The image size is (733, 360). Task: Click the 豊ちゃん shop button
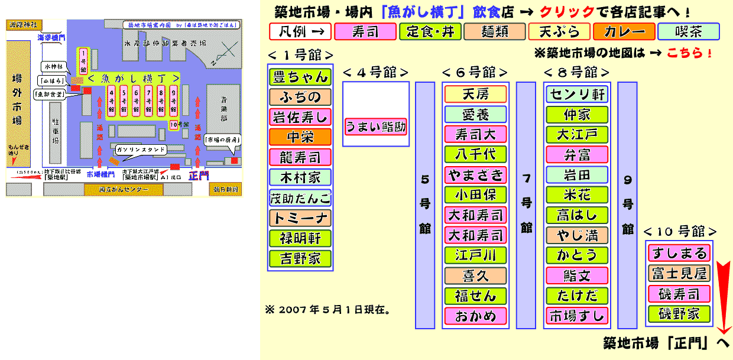(x=300, y=77)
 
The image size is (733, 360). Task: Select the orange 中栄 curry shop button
(x=300, y=137)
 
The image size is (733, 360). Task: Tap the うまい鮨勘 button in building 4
(x=376, y=127)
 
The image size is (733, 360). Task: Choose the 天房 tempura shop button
(x=475, y=94)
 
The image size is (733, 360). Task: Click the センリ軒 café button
(x=577, y=94)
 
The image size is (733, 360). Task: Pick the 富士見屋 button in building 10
(x=679, y=274)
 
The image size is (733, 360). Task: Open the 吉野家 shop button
(x=300, y=258)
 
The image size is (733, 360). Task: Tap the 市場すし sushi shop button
(x=577, y=315)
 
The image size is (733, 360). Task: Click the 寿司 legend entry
(x=365, y=31)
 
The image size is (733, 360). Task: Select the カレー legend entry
(x=624, y=31)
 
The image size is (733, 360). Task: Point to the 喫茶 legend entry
(x=689, y=31)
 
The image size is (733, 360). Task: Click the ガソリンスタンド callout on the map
(x=140, y=150)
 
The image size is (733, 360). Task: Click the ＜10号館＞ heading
(x=680, y=231)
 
